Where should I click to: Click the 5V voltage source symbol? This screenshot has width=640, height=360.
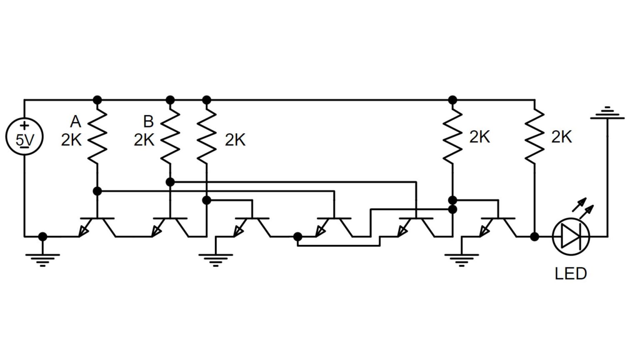click(x=24, y=137)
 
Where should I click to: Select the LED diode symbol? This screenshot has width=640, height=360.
click(x=570, y=236)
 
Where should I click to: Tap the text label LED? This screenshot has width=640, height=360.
click(x=570, y=273)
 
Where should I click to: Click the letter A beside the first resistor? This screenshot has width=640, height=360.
click(x=75, y=122)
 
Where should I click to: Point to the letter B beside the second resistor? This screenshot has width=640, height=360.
click(x=148, y=122)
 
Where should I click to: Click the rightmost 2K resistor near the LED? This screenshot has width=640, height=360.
click(x=534, y=137)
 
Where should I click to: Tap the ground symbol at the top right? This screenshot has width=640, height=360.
click(x=607, y=113)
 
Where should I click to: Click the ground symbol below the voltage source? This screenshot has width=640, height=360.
click(x=42, y=258)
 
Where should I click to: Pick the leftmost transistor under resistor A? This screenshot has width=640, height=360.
click(x=97, y=227)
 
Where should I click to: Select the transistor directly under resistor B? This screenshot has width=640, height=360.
click(x=170, y=227)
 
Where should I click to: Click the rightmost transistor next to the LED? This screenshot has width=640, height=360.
click(x=498, y=227)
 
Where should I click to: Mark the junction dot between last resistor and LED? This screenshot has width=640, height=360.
click(x=534, y=237)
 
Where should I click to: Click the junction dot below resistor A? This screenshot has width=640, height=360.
click(x=97, y=191)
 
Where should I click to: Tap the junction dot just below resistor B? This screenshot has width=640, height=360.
click(x=170, y=182)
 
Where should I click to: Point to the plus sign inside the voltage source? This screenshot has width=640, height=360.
click(x=25, y=125)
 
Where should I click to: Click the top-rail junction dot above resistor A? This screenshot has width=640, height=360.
click(x=97, y=100)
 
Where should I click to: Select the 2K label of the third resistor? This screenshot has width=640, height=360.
click(x=235, y=140)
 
